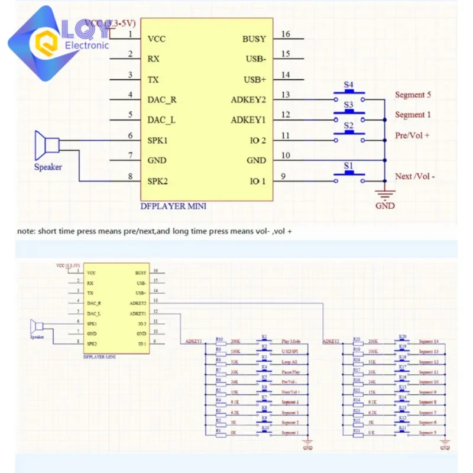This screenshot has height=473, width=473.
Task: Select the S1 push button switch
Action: pyautogui.click(x=349, y=174)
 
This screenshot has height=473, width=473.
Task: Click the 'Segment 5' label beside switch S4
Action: pyautogui.click(x=413, y=95)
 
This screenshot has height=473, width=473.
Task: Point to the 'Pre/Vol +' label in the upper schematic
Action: pyautogui.click(x=412, y=135)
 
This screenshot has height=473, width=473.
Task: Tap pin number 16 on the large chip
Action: pyautogui.click(x=286, y=34)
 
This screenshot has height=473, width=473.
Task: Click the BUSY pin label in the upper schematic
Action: pyautogui.click(x=254, y=39)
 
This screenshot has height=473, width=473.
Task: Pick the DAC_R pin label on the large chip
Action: pyautogui.click(x=161, y=99)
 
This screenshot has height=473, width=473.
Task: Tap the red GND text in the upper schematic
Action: pyautogui.click(x=385, y=206)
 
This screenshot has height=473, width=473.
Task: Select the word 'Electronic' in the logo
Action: pyautogui.click(x=87, y=46)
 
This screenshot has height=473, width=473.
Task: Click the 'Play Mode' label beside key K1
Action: pyautogui.click(x=291, y=342)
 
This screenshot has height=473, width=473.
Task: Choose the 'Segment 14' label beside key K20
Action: pyautogui.click(x=428, y=342)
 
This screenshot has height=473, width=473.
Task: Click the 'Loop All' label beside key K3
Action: pyautogui.click(x=290, y=362)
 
